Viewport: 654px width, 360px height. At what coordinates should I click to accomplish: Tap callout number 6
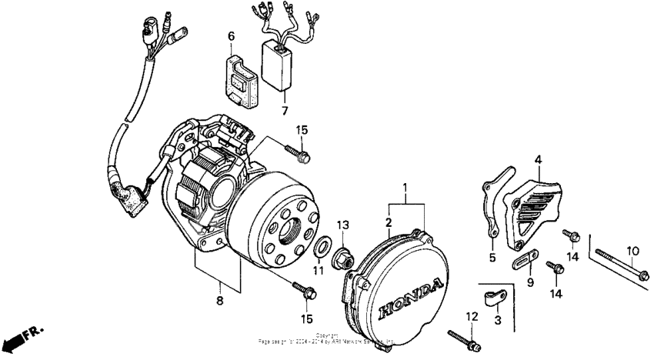click(230, 35)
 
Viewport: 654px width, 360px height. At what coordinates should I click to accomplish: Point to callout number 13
click(343, 225)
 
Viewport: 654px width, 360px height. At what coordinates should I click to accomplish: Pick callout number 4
click(539, 159)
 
